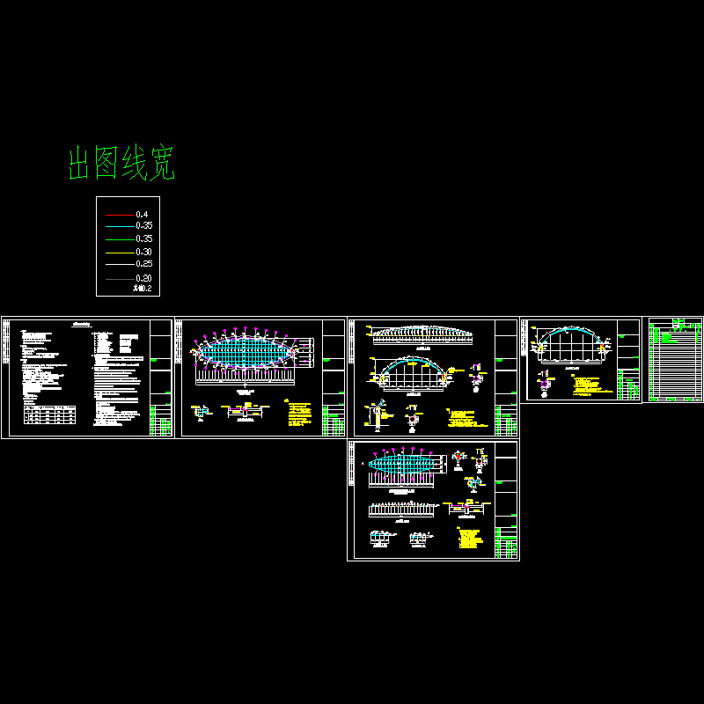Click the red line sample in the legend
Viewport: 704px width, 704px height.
120,215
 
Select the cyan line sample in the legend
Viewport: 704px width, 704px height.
120,226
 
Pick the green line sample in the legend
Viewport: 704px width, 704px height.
120,238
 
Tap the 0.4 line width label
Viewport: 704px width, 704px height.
142,215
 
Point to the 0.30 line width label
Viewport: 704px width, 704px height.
143,251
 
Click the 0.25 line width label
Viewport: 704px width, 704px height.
143,263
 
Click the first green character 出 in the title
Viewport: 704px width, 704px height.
82,165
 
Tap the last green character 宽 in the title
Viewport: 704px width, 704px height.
162,165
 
